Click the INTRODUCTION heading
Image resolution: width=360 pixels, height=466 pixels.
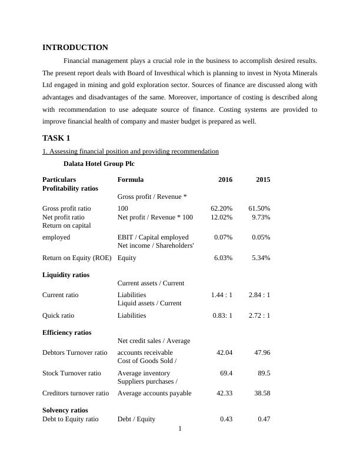click(75, 48)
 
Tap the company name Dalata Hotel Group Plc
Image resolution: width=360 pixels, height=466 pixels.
click(99, 164)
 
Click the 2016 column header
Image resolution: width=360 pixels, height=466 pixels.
click(225, 179)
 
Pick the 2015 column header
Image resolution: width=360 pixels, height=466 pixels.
click(263, 179)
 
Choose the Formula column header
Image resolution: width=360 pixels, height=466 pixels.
click(131, 179)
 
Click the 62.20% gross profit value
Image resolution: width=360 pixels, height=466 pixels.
click(221, 208)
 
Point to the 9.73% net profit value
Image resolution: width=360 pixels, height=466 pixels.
click(260, 217)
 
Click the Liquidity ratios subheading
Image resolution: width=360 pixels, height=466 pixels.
click(66, 275)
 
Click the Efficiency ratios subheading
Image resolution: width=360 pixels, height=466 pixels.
click(67, 332)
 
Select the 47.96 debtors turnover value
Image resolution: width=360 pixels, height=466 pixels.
click(261, 352)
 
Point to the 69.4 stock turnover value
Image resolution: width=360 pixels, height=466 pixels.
click(225, 373)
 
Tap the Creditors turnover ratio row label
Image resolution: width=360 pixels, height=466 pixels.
click(76, 393)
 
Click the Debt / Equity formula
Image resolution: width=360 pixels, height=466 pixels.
click(136, 419)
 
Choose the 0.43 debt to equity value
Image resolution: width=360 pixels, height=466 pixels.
click(226, 419)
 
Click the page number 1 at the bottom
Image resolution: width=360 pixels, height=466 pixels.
click(180, 428)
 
